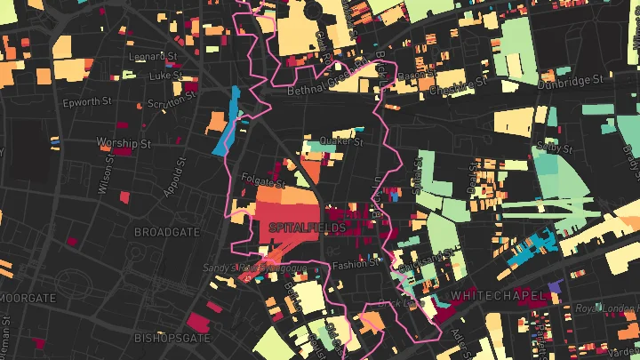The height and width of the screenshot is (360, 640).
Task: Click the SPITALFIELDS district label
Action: click(307, 228)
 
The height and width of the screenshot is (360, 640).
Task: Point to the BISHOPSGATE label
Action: click(172, 339)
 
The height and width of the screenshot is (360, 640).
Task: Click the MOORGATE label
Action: click(27, 297)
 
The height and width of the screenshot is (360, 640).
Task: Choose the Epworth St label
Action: click(86, 102)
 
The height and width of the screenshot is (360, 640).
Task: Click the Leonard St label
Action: click(148, 57)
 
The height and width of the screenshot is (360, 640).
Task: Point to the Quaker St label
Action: click(341, 140)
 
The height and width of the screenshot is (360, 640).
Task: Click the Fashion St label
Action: click(356, 264)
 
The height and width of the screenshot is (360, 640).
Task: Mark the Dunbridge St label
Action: click(572, 79)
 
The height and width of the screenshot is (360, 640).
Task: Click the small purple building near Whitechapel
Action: click(556, 286)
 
